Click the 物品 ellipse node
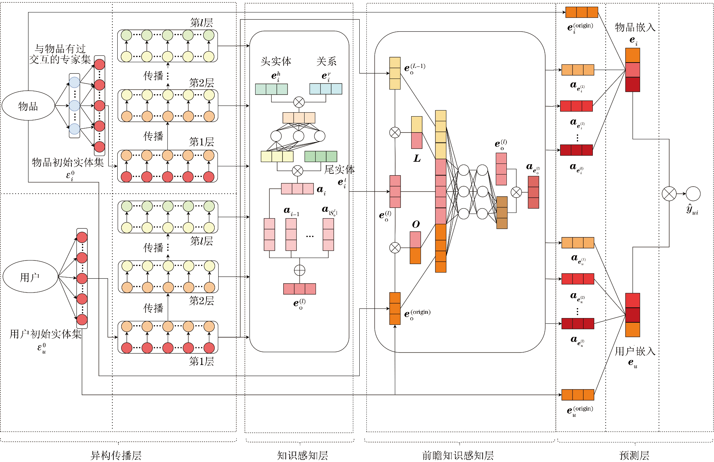coord(28,106)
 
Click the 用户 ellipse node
coord(30,277)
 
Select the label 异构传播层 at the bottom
coord(116,455)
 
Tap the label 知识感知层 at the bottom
coord(302,455)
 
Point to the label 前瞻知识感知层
coord(458,455)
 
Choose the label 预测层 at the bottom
coord(634,455)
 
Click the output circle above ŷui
coord(693,194)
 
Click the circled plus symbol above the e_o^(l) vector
coord(300,270)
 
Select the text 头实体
coord(276,61)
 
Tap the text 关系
coord(326,61)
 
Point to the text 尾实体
coord(339,170)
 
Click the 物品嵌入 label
coord(635,27)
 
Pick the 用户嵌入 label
coord(635,351)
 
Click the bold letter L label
coord(417,159)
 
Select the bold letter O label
coord(416,224)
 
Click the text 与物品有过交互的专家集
coord(60,54)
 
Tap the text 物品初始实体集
coord(68,162)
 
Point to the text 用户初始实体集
coord(45,334)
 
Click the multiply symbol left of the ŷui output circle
coord(669,194)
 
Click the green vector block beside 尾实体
coord(321,156)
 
